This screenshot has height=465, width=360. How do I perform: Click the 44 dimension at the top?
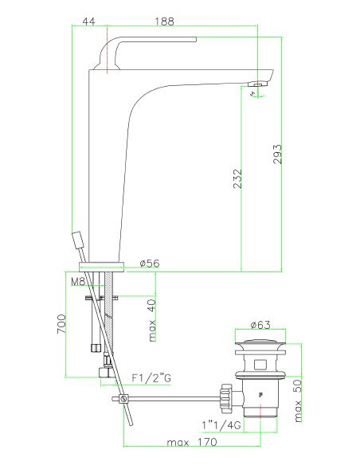(88, 21)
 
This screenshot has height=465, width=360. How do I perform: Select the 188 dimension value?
(165, 21)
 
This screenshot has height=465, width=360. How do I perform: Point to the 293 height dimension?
(277, 154)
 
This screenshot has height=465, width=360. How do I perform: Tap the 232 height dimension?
(237, 178)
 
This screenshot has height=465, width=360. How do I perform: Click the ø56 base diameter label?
(150, 263)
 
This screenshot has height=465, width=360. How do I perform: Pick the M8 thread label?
(78, 281)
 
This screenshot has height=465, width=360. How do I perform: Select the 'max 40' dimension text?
(152, 321)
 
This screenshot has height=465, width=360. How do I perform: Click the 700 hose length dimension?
(61, 324)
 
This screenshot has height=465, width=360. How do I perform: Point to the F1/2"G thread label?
(151, 378)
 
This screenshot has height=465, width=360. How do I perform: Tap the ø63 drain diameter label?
(260, 325)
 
